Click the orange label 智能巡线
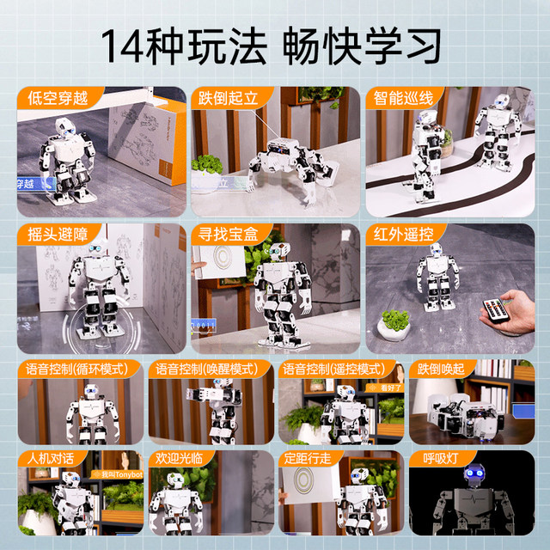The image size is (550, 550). [401, 96]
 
